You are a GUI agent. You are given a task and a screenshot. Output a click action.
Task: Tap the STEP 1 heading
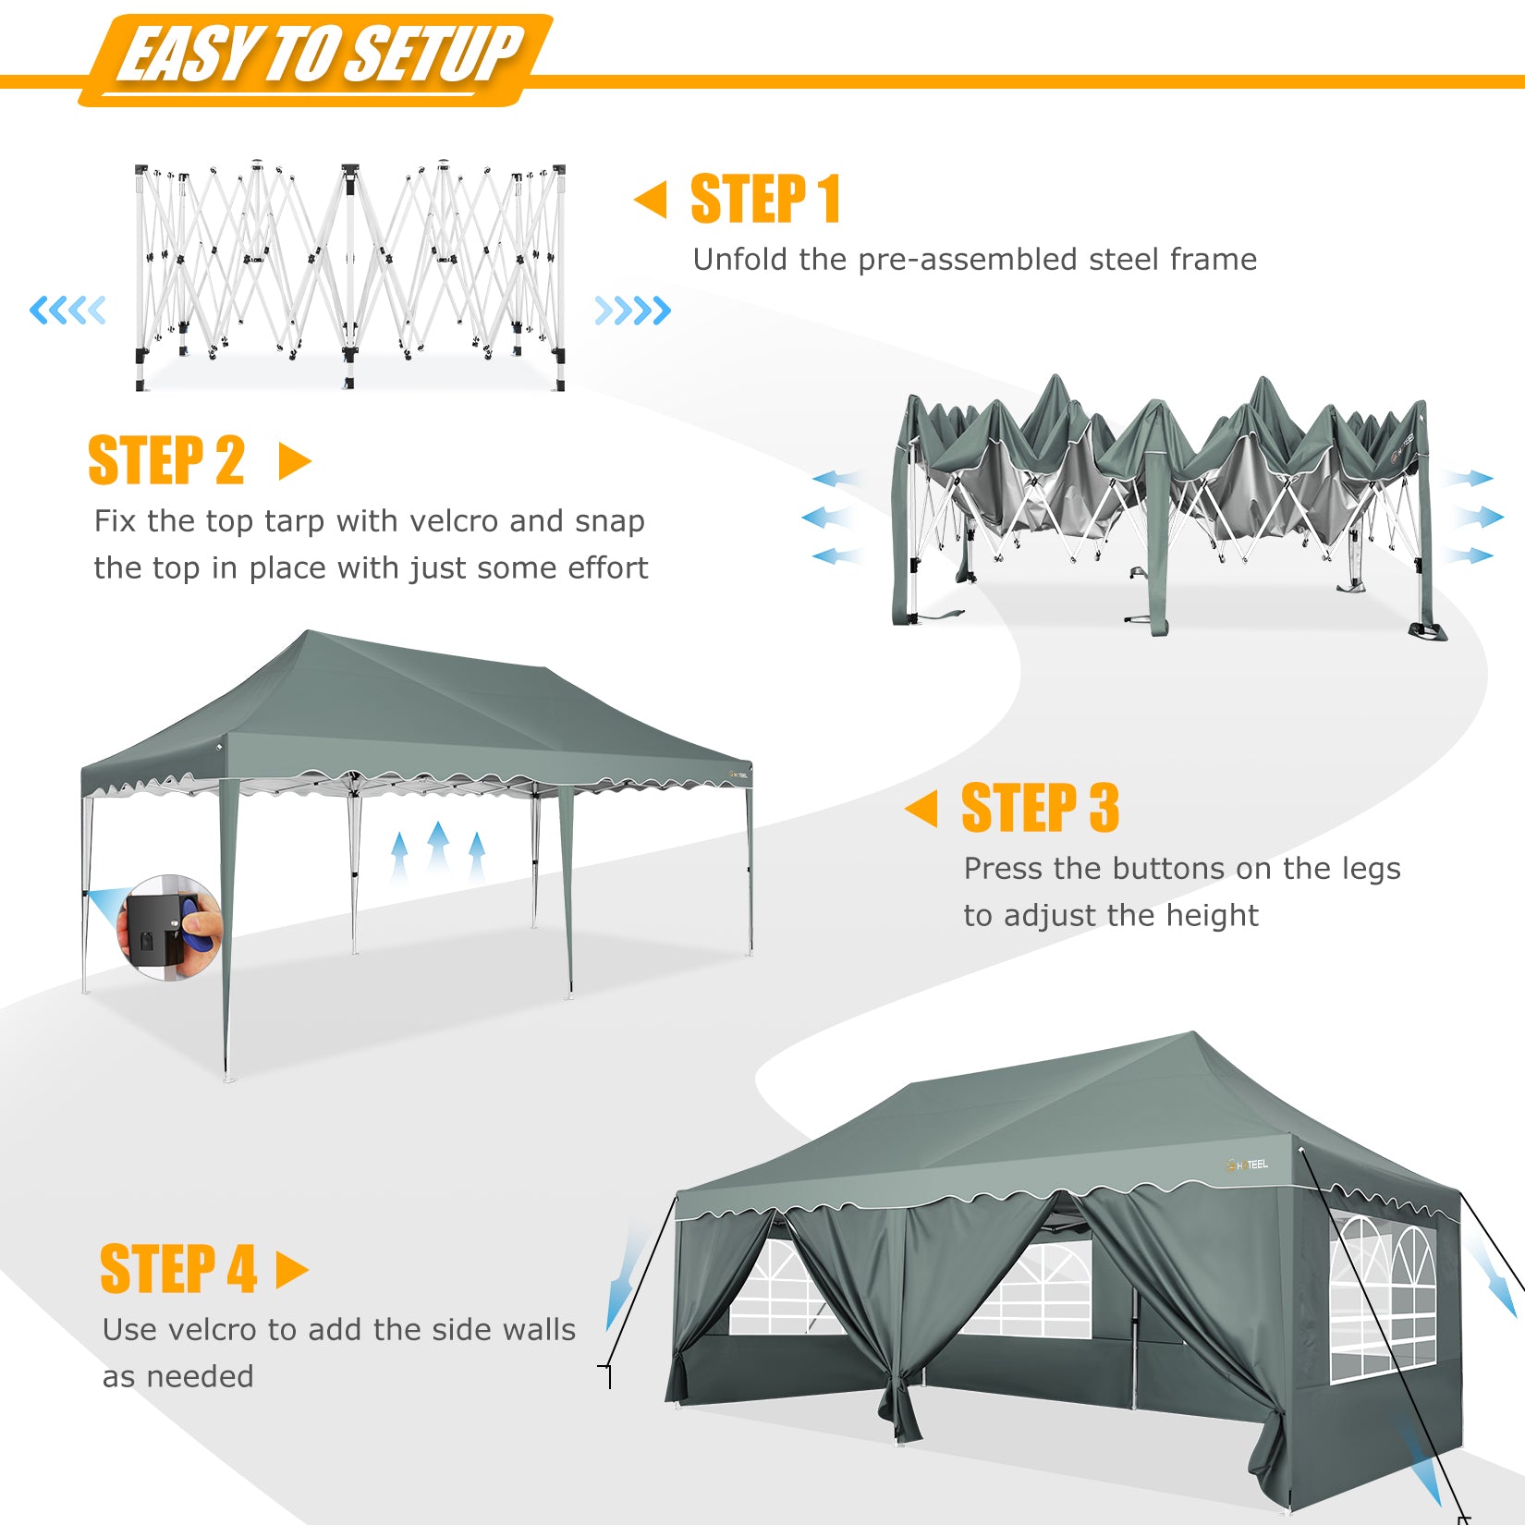pos(766,199)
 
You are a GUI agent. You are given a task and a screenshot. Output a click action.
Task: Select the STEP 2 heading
pos(166,460)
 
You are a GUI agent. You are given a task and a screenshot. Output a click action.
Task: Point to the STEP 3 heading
pos(1040,808)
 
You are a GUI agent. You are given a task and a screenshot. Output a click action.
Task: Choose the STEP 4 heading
pos(178,1269)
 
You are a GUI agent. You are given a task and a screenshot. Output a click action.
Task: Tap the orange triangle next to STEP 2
pos(295,461)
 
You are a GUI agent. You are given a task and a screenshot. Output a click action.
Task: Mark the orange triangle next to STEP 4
pos(292,1270)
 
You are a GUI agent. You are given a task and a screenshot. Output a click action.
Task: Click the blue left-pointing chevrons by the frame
pos(67,310)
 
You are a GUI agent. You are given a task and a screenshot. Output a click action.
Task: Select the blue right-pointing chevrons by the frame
pos(633,311)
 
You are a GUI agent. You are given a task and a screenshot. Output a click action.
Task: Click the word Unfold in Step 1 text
pos(741,260)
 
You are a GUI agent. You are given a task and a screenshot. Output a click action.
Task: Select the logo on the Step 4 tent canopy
pos(1247,1165)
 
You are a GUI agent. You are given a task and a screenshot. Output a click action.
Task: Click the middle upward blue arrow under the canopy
pos(438,848)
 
